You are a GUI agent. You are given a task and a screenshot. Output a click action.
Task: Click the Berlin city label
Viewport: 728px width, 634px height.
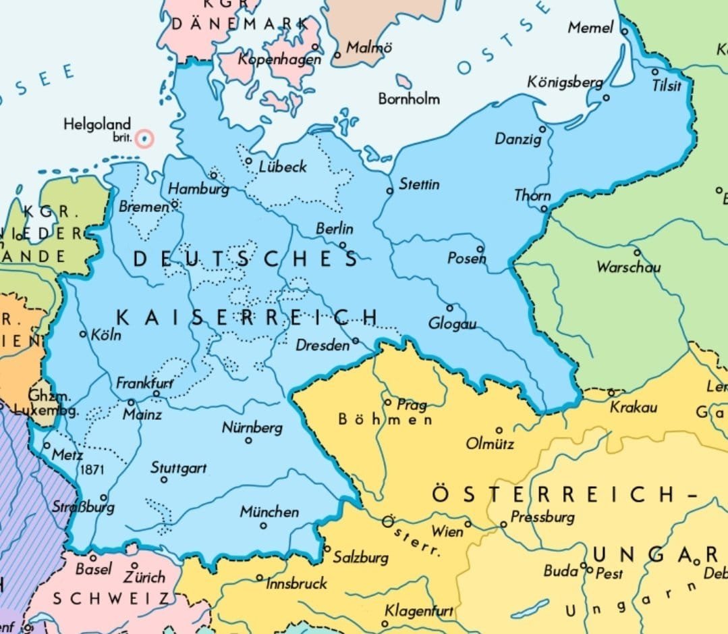[335, 229]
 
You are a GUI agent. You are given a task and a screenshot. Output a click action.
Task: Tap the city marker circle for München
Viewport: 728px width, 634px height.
[263, 525]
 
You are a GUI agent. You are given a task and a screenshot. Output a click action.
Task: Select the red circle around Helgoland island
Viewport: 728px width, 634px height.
[144, 139]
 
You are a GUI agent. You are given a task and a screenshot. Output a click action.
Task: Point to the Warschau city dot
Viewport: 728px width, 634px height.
[636, 253]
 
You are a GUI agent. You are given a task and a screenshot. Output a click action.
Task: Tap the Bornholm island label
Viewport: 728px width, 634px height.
[409, 99]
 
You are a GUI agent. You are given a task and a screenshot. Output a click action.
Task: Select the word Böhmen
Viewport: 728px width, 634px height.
[385, 420]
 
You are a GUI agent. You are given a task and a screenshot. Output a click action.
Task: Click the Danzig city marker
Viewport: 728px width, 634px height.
[542, 129]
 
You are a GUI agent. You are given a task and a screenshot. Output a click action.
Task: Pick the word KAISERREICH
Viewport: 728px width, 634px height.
[247, 317]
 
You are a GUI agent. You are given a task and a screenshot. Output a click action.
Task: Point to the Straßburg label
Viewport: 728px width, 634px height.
[83, 506]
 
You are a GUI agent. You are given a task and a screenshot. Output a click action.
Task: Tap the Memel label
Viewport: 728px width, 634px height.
[590, 28]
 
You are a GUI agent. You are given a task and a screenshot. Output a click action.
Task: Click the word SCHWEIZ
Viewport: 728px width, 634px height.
[111, 599]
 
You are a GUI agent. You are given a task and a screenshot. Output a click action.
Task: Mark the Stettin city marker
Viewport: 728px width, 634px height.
[389, 191]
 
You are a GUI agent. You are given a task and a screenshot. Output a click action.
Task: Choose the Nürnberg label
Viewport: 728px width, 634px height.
[252, 427]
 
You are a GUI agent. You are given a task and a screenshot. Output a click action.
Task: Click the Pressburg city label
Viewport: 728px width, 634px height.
[542, 517]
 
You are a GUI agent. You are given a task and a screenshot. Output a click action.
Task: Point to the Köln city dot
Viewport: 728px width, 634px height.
[84, 334]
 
